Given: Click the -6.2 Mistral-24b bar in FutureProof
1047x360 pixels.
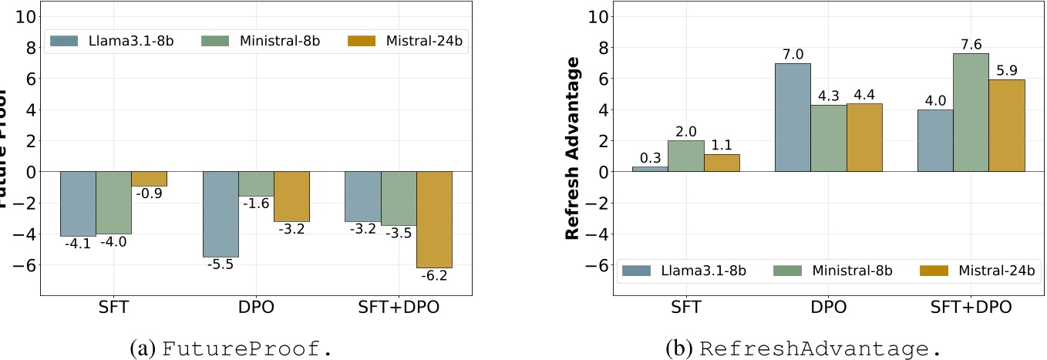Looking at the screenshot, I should coord(434,219).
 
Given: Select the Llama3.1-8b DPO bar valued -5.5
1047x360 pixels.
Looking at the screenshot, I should coord(220,214).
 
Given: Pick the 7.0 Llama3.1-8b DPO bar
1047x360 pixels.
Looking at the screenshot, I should coord(793,117).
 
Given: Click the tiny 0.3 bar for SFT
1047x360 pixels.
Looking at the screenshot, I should coord(650,169).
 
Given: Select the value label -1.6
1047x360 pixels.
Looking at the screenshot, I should coord(256,203).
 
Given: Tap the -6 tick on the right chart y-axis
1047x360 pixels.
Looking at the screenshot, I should coord(590,264).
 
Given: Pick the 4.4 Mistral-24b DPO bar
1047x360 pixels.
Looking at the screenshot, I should coord(864,137).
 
